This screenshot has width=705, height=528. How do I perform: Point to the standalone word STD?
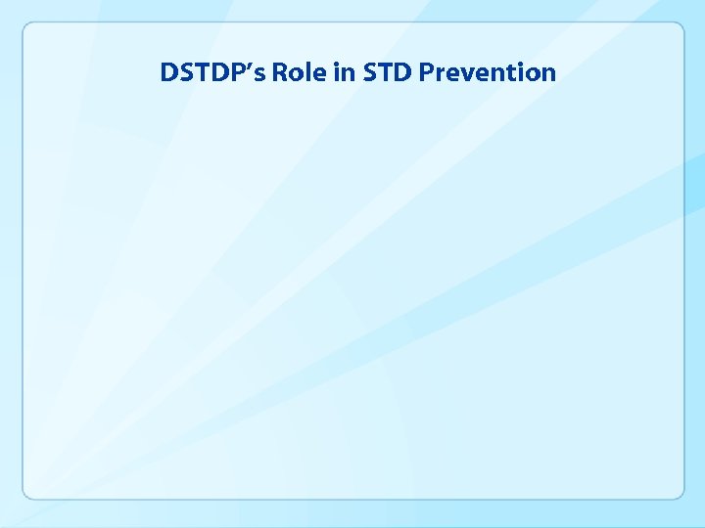(387, 72)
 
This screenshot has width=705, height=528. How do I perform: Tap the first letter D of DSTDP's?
(168, 72)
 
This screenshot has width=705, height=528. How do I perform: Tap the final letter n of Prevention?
(548, 74)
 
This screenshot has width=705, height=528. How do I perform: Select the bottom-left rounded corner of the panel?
(28, 494)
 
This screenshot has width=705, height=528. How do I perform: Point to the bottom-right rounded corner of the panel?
(679, 494)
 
